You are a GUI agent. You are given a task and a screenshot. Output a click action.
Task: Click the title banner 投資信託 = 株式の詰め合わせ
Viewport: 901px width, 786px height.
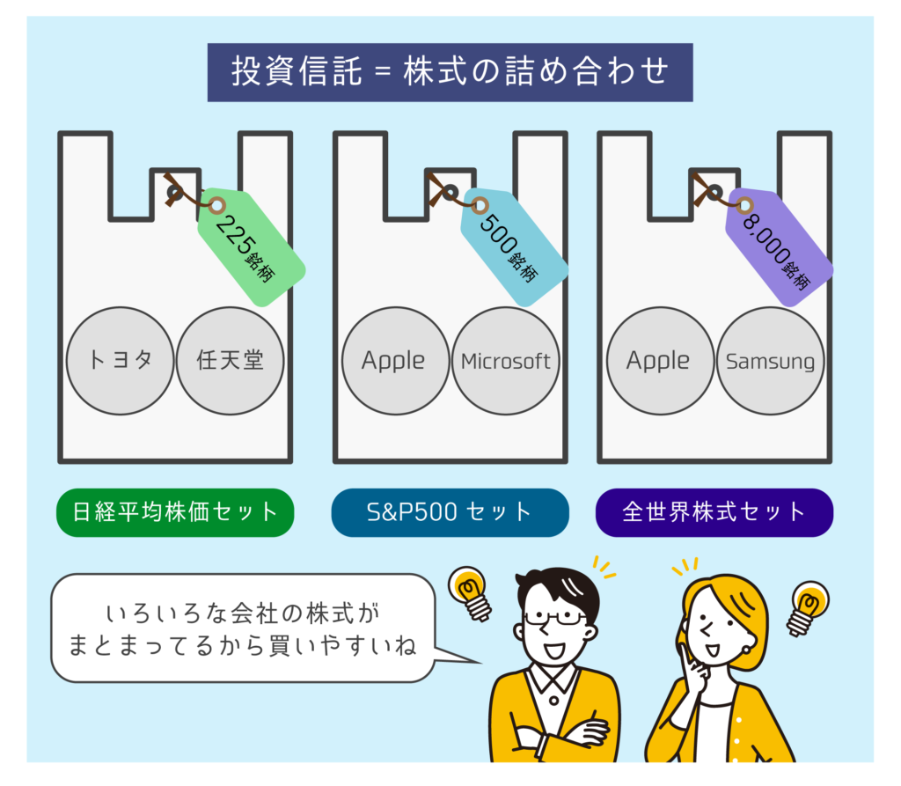[x=450, y=72]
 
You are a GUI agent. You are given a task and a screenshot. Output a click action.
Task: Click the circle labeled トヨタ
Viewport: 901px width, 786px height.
[x=121, y=361]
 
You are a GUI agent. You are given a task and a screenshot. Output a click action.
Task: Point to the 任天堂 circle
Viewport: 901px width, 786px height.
[x=231, y=361]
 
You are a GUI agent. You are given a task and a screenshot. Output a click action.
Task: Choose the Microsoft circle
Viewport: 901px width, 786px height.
[x=506, y=361]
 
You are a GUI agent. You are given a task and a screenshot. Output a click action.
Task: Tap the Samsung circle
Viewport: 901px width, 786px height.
[x=770, y=361]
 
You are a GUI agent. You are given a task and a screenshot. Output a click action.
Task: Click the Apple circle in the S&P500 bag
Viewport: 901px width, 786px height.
[x=394, y=361]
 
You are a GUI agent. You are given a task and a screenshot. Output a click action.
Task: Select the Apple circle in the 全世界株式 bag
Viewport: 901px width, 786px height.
[x=659, y=361]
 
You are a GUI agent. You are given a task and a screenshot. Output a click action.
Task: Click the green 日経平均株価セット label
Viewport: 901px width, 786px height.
[x=174, y=511]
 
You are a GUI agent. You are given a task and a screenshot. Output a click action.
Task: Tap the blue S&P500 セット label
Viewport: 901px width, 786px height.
[x=450, y=511]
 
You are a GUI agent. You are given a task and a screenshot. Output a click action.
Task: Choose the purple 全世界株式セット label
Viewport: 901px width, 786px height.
[x=714, y=511]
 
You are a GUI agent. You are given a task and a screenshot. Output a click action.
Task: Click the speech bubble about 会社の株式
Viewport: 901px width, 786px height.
[x=244, y=628]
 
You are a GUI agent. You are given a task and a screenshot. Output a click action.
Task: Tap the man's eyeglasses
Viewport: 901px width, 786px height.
[x=554, y=617]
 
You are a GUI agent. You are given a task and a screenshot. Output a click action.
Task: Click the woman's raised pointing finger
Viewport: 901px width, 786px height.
[x=686, y=656]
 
